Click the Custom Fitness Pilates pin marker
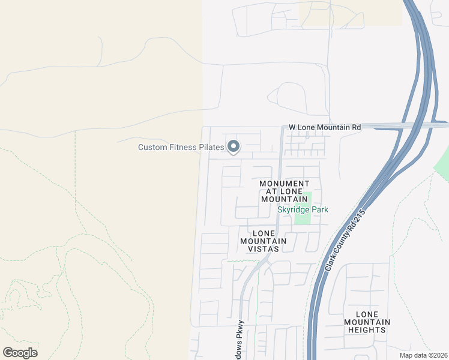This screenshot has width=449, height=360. point(233,146)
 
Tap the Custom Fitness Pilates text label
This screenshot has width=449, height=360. point(181,147)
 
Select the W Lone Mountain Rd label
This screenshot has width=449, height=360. point(325,127)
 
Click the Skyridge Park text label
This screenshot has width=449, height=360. point(303,209)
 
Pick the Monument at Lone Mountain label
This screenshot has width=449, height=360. point(285,191)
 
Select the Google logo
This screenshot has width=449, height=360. point(20,352)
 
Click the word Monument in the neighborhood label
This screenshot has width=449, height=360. point(285,184)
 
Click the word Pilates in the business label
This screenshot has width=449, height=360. point(209,147)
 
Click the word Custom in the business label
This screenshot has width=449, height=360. point(152,147)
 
